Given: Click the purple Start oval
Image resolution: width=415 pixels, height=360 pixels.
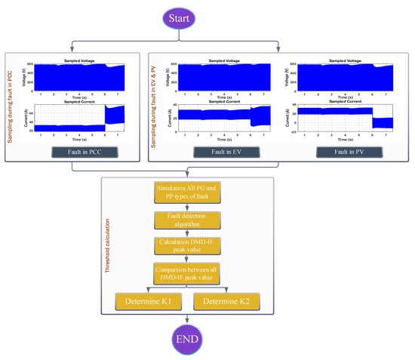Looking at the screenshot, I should point(207,16).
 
